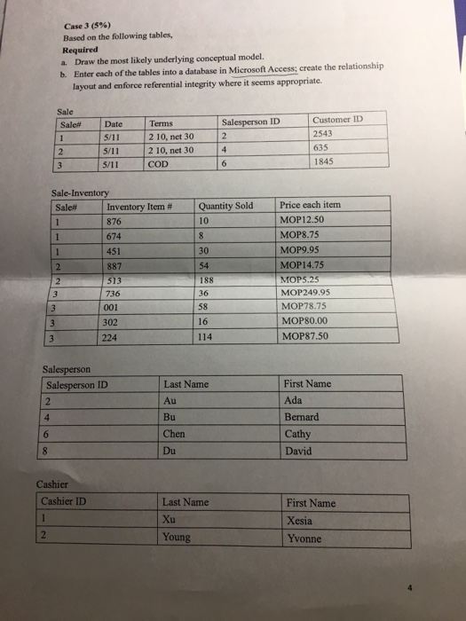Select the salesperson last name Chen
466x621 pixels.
[175, 435]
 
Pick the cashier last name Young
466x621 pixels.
[179, 538]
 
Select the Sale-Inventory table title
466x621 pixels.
[81, 193]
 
